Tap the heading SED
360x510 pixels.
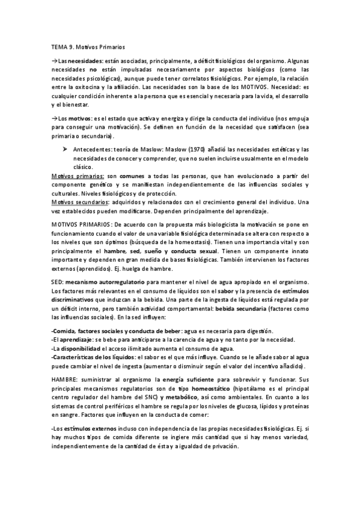click(x=58, y=281)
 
